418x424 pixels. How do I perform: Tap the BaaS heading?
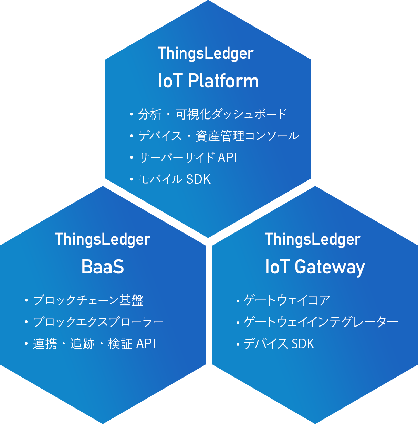pos(103,267)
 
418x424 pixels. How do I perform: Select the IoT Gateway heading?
pos(315,267)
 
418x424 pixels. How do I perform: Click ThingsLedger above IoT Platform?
pos(206,53)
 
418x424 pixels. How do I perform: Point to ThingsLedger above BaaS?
pos(103,239)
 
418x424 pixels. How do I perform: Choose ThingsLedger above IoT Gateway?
pos(313,239)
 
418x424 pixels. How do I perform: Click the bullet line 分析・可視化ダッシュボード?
pos(208,114)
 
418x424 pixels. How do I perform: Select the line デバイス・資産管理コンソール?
pos(215,136)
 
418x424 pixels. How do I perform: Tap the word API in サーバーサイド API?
pos(227,157)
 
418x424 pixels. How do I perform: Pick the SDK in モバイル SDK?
pos(198,179)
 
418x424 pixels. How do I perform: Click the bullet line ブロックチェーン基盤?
pos(84,300)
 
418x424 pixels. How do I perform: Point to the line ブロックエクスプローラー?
pos(94,322)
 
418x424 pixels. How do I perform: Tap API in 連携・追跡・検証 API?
pos(146,343)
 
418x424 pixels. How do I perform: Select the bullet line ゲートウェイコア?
pos(283,300)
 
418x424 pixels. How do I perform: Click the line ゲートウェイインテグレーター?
pos(317,322)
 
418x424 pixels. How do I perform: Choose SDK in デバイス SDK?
pos(303,343)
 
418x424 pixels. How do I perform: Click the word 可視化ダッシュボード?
pos(231,114)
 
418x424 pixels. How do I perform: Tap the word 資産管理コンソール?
pos(247,136)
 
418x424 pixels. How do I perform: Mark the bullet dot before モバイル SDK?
pos(132,179)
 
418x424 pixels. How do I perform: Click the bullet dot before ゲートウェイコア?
pos(238,301)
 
